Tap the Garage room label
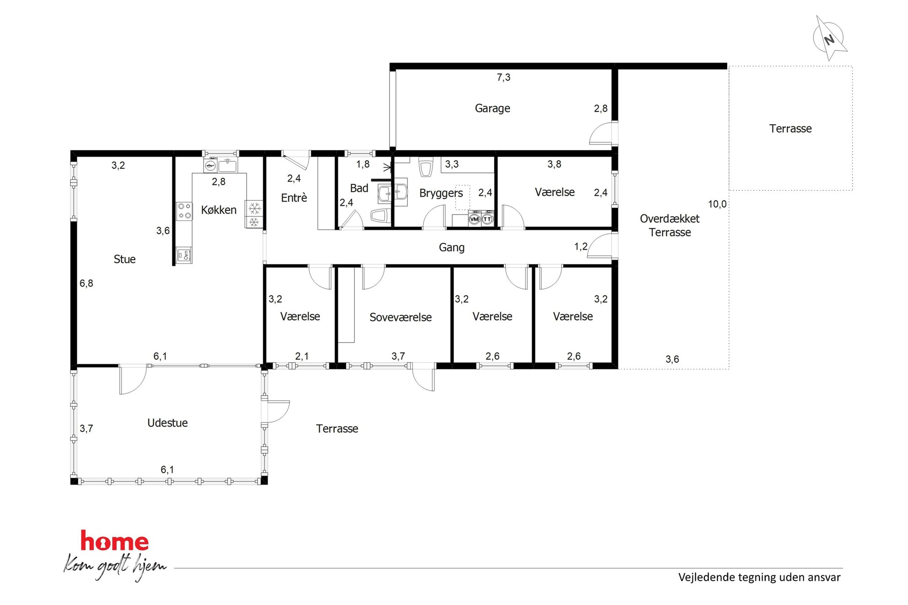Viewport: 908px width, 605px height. click(x=492, y=108)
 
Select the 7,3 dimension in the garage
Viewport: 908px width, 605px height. click(x=503, y=77)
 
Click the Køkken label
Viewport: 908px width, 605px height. click(x=219, y=210)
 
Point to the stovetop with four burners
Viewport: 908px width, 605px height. click(x=184, y=211)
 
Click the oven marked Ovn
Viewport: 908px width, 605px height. click(x=184, y=255)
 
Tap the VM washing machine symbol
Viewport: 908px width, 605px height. click(x=475, y=219)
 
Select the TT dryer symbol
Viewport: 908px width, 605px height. click(x=487, y=219)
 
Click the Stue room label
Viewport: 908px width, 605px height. click(x=124, y=259)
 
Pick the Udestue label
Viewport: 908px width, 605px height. click(x=168, y=423)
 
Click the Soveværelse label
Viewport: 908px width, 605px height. click(x=400, y=317)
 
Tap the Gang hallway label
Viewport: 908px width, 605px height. click(x=452, y=247)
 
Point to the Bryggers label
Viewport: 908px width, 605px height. click(x=441, y=193)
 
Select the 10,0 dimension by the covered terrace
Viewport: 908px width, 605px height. click(x=717, y=204)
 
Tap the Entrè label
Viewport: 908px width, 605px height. click(x=294, y=198)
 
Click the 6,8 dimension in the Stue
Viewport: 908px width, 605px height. click(x=86, y=284)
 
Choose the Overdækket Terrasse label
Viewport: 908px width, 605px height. click(x=670, y=225)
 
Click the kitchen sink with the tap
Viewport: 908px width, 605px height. click(x=227, y=165)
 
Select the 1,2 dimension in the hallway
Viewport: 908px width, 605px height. click(x=581, y=247)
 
